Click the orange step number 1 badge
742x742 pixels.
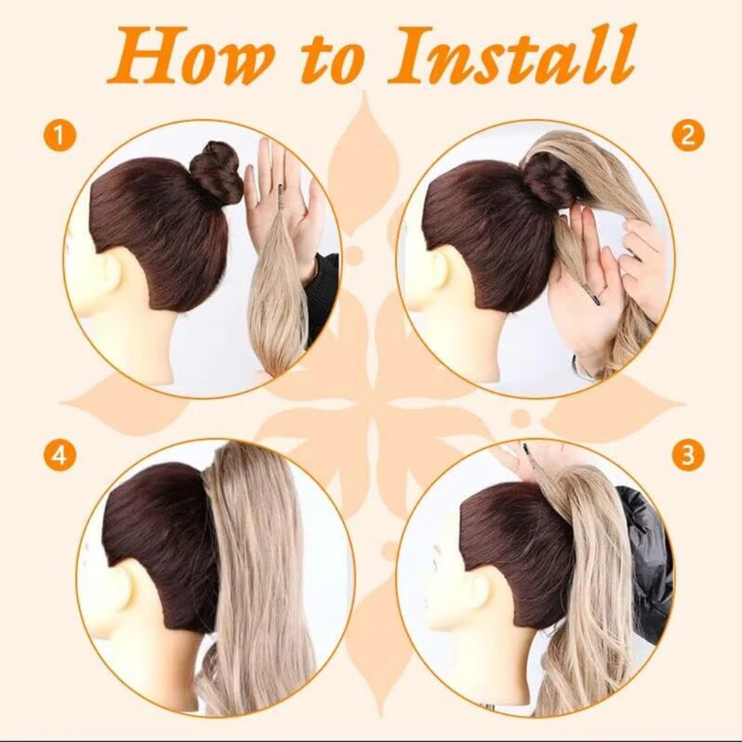[x=60, y=138]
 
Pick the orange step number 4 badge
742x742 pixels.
[x=60, y=456]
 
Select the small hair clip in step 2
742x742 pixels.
[x=591, y=294]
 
